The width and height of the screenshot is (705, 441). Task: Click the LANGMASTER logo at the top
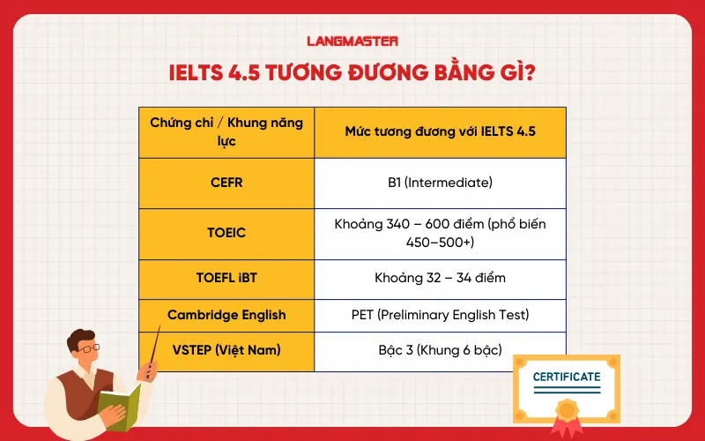point(352,40)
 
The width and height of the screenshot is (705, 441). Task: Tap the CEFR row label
point(226,183)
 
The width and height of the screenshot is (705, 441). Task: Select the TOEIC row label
point(226,234)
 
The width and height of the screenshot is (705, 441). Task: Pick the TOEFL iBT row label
point(226,279)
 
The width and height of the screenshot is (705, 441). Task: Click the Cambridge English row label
point(226,315)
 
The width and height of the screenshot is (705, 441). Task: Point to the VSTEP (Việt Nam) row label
point(226,350)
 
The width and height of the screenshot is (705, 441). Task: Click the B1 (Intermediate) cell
point(440,183)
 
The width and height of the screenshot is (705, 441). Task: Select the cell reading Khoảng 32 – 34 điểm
point(440,279)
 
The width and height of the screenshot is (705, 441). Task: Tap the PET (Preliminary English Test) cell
point(440,315)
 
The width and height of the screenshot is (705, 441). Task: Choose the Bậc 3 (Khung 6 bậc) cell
point(440,350)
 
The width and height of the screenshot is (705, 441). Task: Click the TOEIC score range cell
point(440,234)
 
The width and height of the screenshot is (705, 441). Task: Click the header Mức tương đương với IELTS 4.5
point(440,132)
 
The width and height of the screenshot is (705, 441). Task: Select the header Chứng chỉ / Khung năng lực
point(226,132)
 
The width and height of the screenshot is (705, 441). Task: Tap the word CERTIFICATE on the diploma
point(567,377)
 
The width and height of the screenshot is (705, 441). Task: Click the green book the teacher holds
point(119,401)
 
